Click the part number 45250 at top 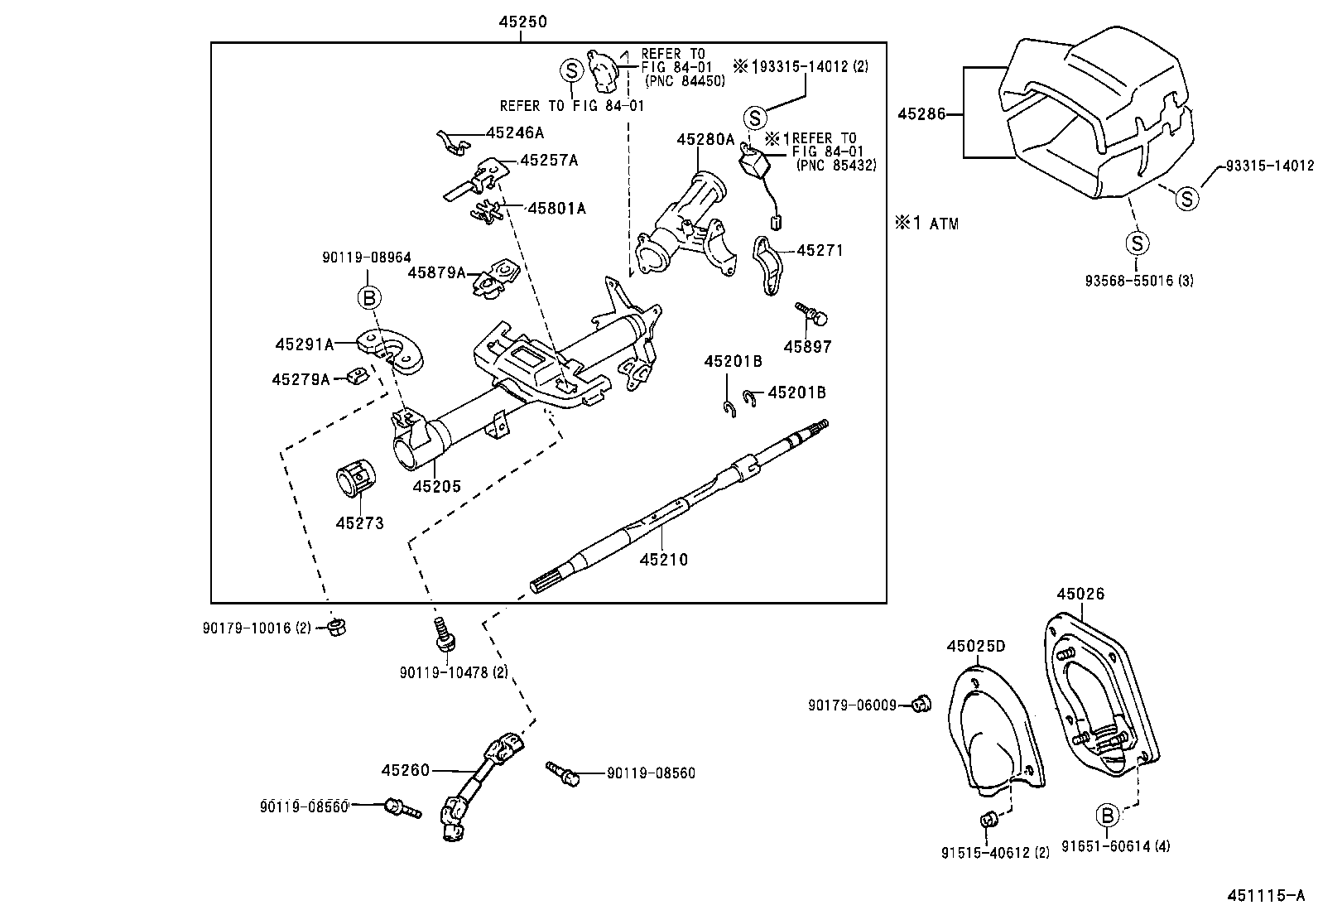click(522, 22)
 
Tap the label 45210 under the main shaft click(663, 560)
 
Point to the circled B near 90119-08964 click(368, 297)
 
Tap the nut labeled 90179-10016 click(336, 627)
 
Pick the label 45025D click(976, 646)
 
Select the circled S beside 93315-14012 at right click(1187, 199)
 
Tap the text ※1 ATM click(926, 223)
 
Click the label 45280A click(705, 140)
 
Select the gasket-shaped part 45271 click(767, 265)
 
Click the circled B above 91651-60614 click(1107, 815)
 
